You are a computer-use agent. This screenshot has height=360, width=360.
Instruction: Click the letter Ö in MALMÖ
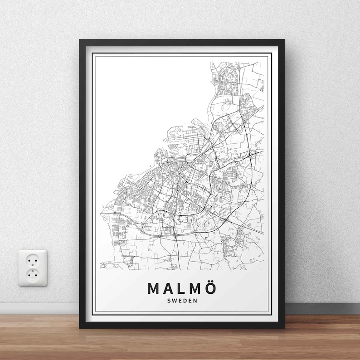click(x=208, y=289)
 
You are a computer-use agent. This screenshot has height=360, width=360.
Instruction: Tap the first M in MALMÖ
click(x=154, y=289)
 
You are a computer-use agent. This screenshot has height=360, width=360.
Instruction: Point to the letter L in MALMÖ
click(x=180, y=289)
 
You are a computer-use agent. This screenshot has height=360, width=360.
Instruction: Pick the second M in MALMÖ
click(x=193, y=289)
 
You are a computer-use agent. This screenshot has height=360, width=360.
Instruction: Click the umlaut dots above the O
click(x=208, y=282)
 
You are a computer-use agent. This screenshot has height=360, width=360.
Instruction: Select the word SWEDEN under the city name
click(x=180, y=300)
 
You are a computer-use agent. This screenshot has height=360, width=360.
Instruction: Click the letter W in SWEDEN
click(x=174, y=300)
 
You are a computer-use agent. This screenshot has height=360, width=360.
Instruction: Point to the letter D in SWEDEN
click(x=183, y=300)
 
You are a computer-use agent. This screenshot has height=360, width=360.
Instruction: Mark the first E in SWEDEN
click(x=179, y=300)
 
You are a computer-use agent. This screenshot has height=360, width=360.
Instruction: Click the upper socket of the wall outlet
click(x=32, y=260)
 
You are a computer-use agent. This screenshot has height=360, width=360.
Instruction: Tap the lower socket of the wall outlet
click(x=32, y=274)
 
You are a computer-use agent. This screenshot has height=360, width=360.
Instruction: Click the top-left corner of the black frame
click(x=80, y=40)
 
